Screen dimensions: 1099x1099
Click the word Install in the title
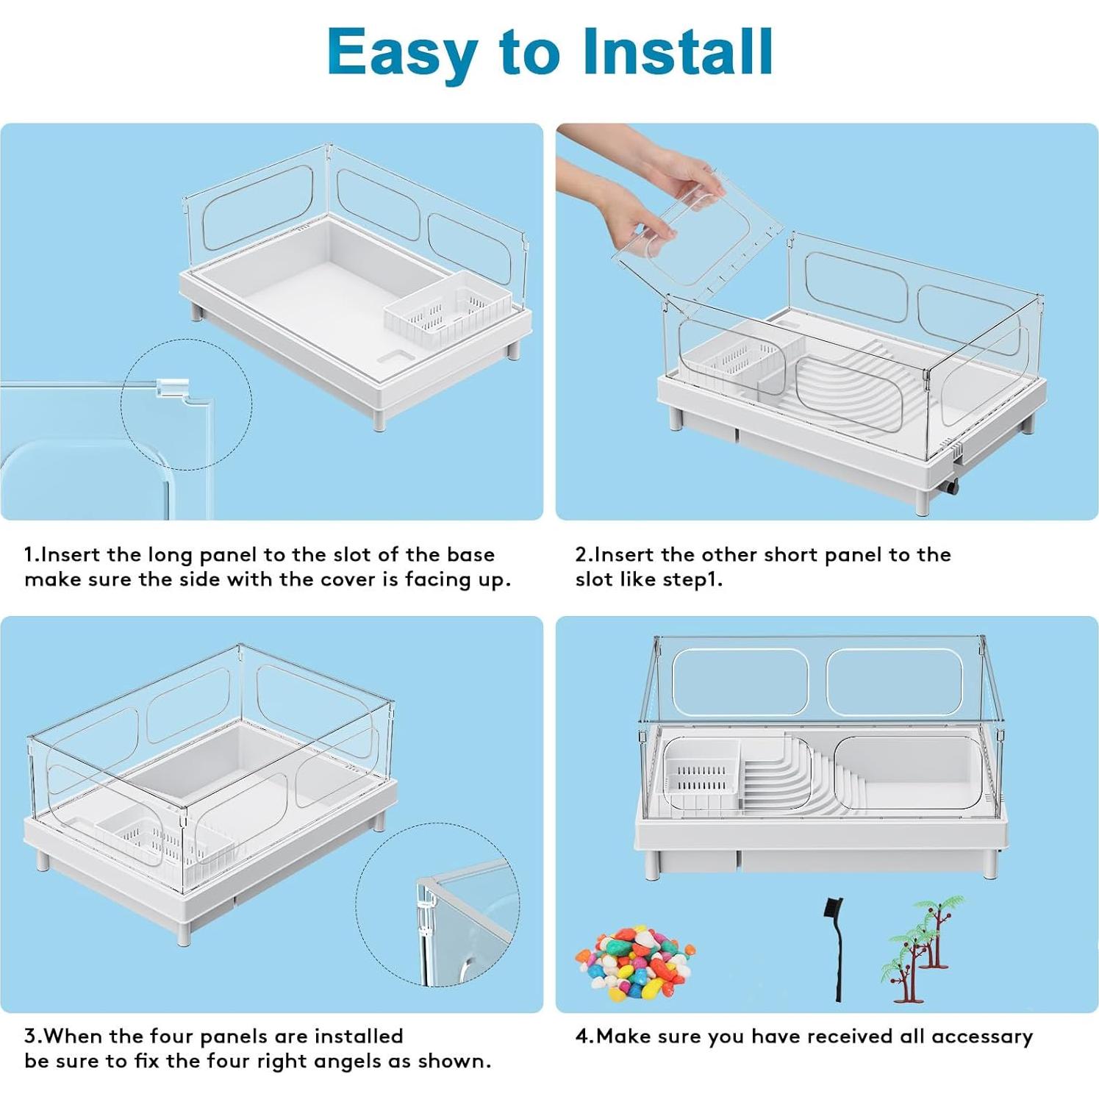(677, 51)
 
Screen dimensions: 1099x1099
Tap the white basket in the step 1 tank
(448, 308)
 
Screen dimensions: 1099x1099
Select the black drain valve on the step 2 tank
(951, 488)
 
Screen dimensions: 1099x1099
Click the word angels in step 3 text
(362, 1062)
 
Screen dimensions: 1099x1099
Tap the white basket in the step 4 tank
(701, 776)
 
